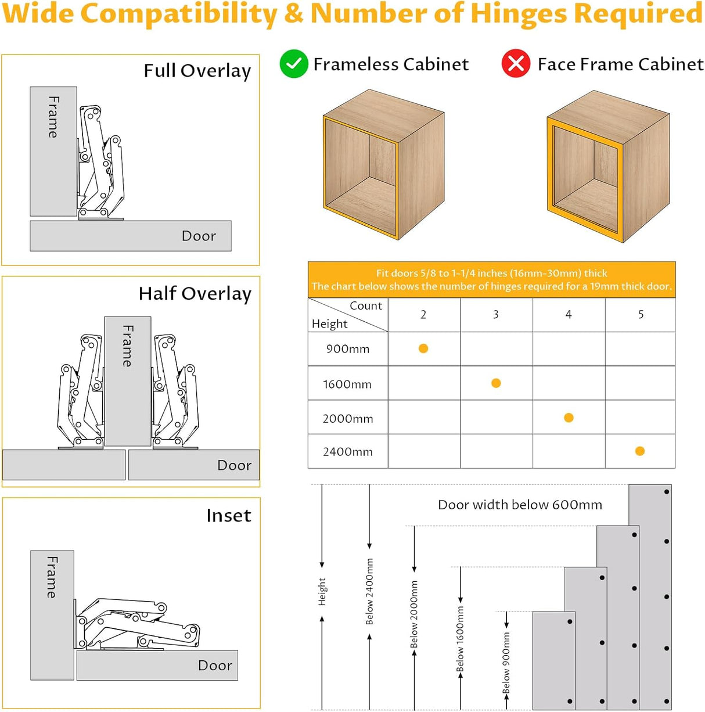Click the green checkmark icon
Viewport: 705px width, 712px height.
tap(294, 64)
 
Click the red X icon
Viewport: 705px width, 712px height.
tap(516, 64)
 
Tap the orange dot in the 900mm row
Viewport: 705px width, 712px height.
tap(423, 348)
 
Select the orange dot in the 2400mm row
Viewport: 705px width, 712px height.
tap(640, 451)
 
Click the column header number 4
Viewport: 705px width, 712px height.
tap(569, 315)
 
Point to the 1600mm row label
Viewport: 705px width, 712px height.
tap(347, 384)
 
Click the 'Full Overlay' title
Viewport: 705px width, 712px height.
tap(197, 71)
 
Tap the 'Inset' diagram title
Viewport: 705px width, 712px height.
tap(229, 516)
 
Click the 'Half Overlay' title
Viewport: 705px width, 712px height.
tap(195, 294)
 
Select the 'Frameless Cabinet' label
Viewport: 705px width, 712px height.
tap(391, 64)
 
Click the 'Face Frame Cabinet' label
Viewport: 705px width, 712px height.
tap(620, 64)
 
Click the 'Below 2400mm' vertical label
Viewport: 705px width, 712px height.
tap(369, 591)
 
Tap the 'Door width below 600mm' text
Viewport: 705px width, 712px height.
tap(520, 505)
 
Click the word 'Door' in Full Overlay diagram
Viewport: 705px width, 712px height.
tap(199, 236)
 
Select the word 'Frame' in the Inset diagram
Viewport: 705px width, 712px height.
tap(52, 577)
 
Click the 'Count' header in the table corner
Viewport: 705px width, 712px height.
tap(366, 306)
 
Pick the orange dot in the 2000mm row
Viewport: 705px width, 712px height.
tap(569, 418)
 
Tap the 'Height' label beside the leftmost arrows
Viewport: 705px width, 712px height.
tap(322, 591)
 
